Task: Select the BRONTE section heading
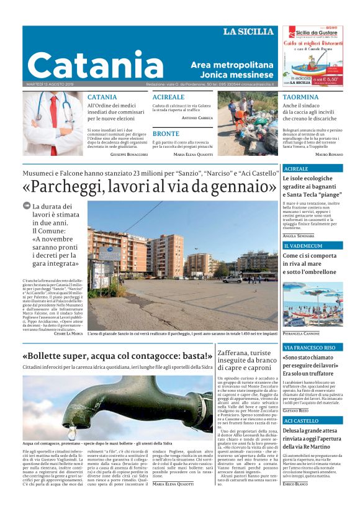pyautogui.click(x=166, y=133)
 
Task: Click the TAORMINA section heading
pyautogui.click(x=300, y=97)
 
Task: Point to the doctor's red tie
pyautogui.click(x=54, y=121)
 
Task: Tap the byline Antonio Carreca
pyautogui.click(x=197, y=117)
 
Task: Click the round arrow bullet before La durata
pyautogui.click(x=26, y=206)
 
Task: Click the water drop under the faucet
pyautogui.click(x=72, y=431)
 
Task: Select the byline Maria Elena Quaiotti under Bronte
pyautogui.click(x=194, y=153)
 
